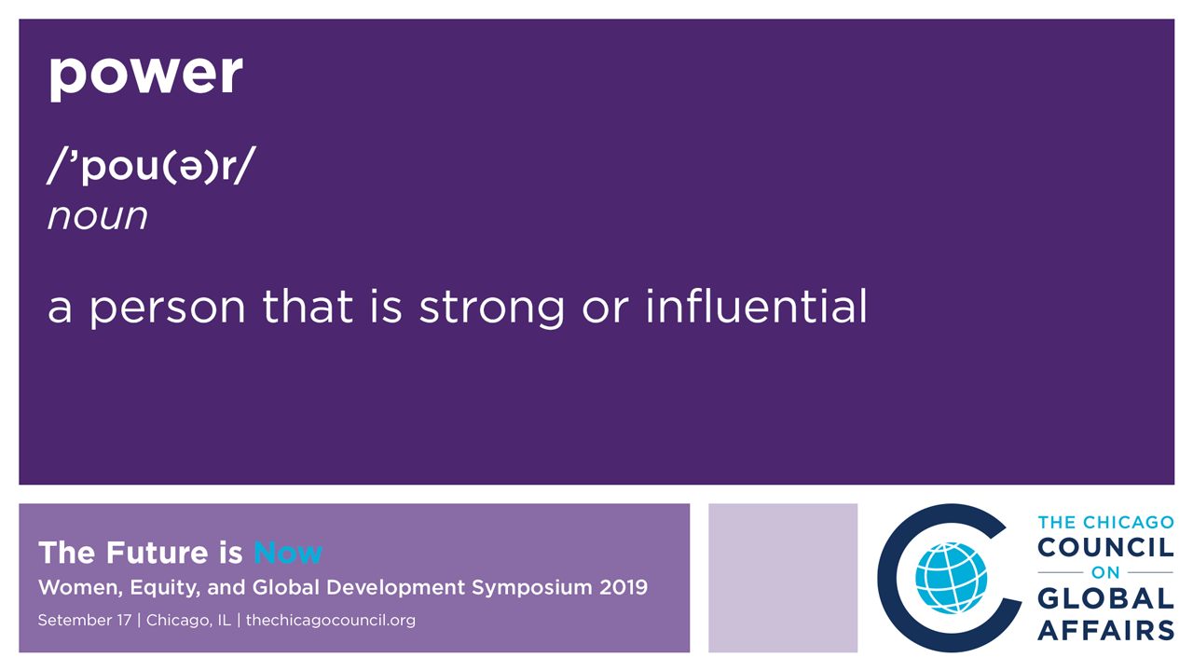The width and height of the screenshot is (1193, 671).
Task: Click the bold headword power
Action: (146, 75)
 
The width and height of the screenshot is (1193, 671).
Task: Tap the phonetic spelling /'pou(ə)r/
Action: (151, 166)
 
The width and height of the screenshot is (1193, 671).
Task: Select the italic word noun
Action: (98, 217)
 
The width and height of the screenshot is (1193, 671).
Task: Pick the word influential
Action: (756, 307)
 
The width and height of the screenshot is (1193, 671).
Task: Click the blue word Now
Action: (288, 553)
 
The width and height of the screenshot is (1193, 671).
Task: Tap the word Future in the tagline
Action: (157, 553)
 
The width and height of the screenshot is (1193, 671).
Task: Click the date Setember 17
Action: (85, 621)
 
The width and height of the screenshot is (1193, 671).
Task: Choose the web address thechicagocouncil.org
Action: (331, 621)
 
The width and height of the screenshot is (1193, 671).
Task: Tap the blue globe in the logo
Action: (951, 579)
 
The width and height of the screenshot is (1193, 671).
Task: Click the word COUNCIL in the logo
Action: (1105, 548)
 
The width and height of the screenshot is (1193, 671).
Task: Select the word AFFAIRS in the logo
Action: (1105, 630)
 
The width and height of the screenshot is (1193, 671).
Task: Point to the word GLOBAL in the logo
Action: (1105, 598)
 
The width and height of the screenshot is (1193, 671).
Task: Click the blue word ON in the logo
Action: (1105, 572)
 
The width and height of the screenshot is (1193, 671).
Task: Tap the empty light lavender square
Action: (783, 578)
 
